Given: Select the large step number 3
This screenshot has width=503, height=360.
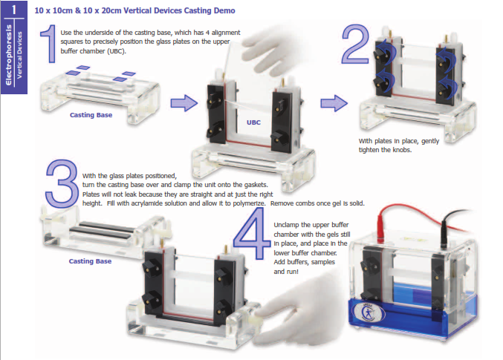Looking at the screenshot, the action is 62,183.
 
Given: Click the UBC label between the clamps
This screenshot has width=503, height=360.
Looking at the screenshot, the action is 253,122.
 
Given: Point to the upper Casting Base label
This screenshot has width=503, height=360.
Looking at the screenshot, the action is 91,115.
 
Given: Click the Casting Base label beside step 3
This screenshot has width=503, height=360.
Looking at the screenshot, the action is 90,261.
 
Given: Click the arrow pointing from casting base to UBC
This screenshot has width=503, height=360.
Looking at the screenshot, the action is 184,103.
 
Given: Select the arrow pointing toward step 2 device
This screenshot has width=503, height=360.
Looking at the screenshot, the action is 334,103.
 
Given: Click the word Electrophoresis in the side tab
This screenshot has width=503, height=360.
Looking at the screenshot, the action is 9,55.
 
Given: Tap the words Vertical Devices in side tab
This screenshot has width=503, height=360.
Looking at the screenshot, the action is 19,55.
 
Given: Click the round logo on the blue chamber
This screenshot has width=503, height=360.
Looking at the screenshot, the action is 369,311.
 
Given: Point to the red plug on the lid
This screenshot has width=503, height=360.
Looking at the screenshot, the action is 380,228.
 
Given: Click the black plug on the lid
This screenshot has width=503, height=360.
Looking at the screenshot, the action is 444,232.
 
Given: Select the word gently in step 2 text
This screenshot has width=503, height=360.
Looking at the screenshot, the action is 430,141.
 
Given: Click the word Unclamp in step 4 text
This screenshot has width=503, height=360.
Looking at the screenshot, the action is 287,225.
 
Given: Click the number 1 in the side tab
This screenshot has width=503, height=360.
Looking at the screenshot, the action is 14,10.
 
